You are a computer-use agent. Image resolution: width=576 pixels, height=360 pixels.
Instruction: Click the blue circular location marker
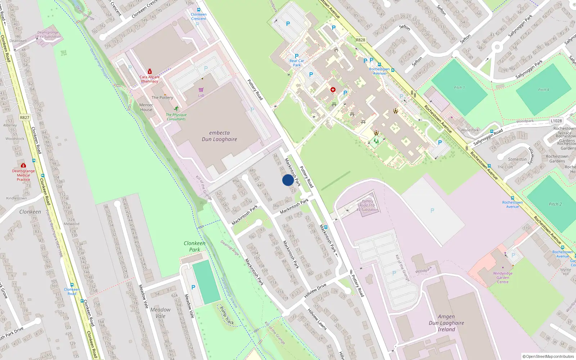(x=288, y=180)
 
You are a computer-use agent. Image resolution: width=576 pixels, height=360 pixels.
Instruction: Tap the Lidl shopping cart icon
(x=201, y=90)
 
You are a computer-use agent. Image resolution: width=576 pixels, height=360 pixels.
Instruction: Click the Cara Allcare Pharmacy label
(x=149, y=79)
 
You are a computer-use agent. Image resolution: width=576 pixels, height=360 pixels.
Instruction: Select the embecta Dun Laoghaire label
(x=219, y=136)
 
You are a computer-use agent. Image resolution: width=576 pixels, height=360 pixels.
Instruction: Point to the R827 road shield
(x=24, y=118)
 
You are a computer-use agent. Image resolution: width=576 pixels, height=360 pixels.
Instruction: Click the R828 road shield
(x=360, y=40)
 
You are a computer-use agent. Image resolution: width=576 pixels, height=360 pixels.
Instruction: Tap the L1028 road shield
(x=556, y=121)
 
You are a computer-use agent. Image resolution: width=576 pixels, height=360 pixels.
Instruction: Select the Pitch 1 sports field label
(x=459, y=87)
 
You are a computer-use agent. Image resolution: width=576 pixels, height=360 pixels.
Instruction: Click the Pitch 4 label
(x=544, y=90)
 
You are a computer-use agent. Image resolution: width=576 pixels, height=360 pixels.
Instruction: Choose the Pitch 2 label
(x=555, y=204)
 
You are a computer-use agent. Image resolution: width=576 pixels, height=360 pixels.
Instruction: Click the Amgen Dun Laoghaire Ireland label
(x=446, y=323)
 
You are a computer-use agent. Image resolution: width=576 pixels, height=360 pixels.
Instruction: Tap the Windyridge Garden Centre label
(x=503, y=278)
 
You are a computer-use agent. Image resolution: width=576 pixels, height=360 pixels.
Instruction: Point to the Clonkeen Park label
(x=194, y=246)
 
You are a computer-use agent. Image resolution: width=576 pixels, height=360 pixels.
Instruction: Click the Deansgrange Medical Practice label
(x=23, y=175)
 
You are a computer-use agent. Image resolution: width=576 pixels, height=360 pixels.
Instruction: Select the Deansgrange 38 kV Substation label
(x=48, y=35)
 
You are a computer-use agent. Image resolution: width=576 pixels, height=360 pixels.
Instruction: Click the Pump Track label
(x=227, y=316)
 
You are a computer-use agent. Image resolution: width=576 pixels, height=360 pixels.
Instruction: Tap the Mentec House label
(x=146, y=107)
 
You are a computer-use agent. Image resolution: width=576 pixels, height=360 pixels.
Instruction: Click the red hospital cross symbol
(x=333, y=89)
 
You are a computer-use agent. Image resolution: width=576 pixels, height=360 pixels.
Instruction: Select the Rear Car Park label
(x=297, y=63)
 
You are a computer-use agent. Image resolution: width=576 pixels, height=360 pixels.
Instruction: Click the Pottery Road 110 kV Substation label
(x=368, y=205)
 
